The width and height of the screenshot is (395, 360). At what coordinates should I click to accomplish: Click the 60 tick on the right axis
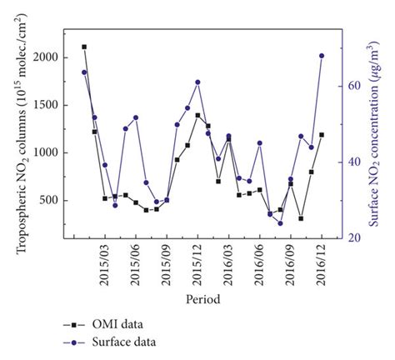click(x=352, y=86)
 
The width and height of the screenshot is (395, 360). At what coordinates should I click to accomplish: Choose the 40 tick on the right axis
click(x=352, y=162)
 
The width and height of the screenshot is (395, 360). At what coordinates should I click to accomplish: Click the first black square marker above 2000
click(x=84, y=47)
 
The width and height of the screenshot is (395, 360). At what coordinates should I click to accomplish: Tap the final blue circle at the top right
click(x=322, y=56)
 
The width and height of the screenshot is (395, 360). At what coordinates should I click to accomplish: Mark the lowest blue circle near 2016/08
click(x=280, y=223)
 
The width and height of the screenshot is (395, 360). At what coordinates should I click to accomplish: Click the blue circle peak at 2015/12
click(x=197, y=82)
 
